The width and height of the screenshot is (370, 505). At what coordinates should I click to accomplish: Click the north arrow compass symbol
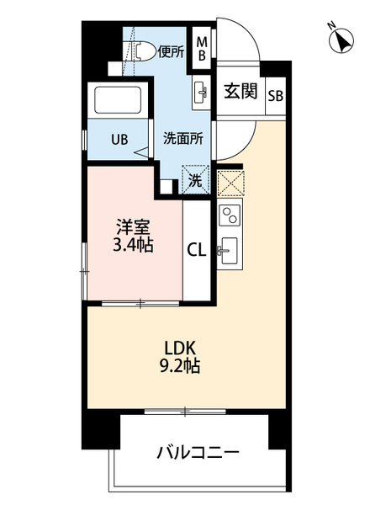341,40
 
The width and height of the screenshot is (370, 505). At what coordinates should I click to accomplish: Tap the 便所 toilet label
170,51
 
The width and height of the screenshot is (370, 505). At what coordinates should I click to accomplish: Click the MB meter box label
202,49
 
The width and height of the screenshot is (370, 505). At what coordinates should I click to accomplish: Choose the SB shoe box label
275,94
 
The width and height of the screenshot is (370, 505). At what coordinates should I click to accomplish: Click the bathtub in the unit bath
119,102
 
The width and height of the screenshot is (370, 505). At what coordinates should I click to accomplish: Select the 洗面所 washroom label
182,140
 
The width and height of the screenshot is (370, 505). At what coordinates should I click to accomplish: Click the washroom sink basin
203,90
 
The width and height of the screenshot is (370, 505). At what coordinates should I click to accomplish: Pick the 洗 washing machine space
195,179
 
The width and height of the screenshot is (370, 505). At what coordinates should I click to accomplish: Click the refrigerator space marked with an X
229,183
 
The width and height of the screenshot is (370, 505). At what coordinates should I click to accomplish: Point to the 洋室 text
134,226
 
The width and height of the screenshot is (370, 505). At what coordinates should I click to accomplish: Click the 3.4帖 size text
134,246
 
